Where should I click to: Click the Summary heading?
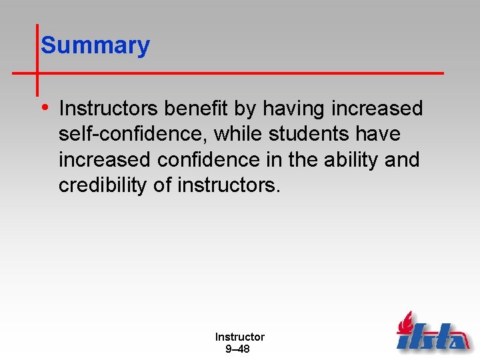95,45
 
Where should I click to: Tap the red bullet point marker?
44,107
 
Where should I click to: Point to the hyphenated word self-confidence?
133,134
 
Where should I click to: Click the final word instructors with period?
229,186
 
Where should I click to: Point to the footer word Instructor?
239,337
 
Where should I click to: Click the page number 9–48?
238,349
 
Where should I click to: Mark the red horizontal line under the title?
240,72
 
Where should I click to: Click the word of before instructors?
163,186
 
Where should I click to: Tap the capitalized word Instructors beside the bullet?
109,108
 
